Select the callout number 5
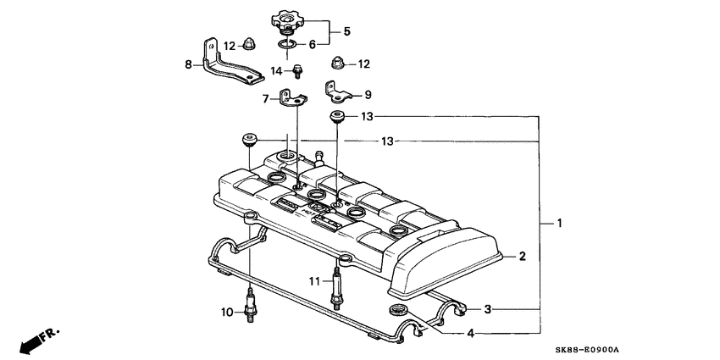tap(346, 32)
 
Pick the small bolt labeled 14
tap(299, 71)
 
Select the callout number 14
tap(276, 70)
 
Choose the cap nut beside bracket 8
tap(251, 42)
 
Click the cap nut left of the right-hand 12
tap(334, 63)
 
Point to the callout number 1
tap(559, 223)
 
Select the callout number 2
tap(523, 256)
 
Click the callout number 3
tap(487, 310)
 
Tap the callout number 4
tap(470, 333)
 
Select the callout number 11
tap(313, 280)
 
